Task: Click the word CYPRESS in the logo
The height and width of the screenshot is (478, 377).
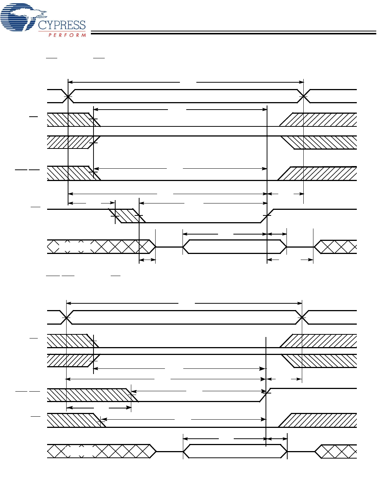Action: [62, 25]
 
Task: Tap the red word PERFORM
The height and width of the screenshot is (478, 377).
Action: [67, 35]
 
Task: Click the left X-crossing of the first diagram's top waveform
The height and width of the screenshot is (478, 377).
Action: [68, 96]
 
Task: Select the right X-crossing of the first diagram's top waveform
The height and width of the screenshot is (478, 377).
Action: [303, 96]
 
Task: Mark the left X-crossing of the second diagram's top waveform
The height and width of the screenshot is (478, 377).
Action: [66, 318]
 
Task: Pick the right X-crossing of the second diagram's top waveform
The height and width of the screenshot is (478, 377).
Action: [302, 318]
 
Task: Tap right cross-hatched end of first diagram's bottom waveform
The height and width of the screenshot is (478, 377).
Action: [335, 247]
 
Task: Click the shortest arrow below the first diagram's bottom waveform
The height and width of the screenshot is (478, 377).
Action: [147, 260]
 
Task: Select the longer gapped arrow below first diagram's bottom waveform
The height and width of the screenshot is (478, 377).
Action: [290, 260]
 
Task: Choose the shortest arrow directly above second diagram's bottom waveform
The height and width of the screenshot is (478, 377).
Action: [276, 439]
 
